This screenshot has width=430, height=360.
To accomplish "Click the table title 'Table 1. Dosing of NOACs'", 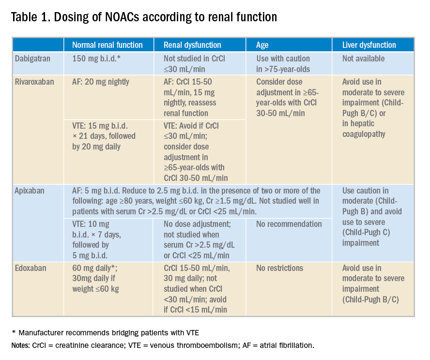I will [144, 17].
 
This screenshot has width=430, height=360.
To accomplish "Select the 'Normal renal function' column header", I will [107, 45].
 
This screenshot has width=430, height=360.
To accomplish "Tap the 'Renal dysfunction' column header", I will [192, 45].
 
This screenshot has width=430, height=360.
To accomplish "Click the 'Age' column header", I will [262, 45].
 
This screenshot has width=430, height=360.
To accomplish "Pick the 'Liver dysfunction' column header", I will [369, 45].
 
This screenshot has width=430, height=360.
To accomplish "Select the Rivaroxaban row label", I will [33, 82].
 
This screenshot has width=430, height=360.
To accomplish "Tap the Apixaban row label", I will [30, 191].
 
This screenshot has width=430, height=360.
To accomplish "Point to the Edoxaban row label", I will [31, 268].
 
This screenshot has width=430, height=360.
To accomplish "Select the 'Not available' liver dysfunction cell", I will [363, 59].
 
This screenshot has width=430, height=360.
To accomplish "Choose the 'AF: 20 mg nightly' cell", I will [101, 82].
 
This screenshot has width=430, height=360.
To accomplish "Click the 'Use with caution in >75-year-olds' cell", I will [283, 63].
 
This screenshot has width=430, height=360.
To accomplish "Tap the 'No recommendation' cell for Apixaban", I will [289, 224].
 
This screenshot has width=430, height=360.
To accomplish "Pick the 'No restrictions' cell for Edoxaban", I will [280, 268].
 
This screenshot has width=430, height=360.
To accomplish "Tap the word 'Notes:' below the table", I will [21, 345].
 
